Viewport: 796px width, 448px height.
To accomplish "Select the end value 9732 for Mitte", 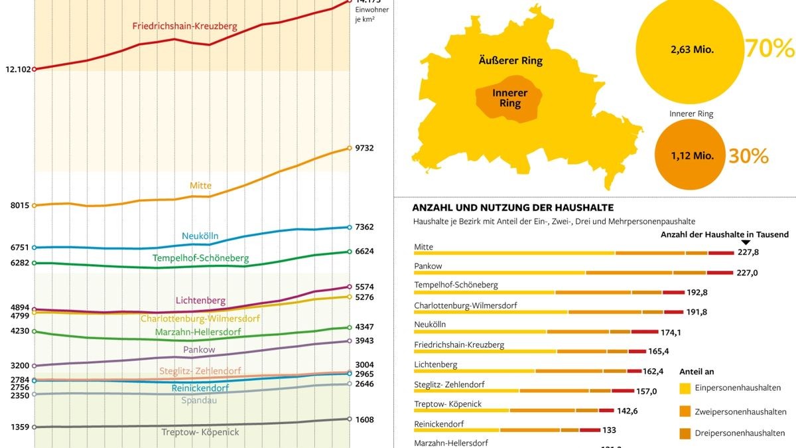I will pos(364,148).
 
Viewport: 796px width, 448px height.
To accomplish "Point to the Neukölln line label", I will pos(200,236).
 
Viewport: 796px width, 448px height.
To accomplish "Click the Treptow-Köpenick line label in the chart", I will pos(200,432).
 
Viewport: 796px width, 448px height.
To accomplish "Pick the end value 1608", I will pos(364,419).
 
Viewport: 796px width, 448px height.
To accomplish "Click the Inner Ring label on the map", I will pos(510,98).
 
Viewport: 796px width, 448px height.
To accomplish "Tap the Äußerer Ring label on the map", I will pos(510,61).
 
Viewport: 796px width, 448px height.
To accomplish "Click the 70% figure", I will pos(769,48).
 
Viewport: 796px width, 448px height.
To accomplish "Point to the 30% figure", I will pos(748,156).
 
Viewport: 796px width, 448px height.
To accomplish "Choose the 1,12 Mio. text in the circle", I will pos(692,156).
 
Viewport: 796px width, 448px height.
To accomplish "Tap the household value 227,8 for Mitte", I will pos(748,252).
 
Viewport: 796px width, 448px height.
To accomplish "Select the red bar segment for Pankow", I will pos(720,272).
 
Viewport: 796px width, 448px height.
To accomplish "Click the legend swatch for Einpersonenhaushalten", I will pos(686,388).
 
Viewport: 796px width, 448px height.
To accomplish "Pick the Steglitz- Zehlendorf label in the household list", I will pos(449,384).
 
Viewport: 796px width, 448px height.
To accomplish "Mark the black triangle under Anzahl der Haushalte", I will pos(746,242).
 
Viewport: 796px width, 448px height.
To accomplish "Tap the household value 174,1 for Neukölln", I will pos(673,331).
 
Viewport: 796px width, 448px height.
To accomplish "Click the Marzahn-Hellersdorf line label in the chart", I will pos(198,332).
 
